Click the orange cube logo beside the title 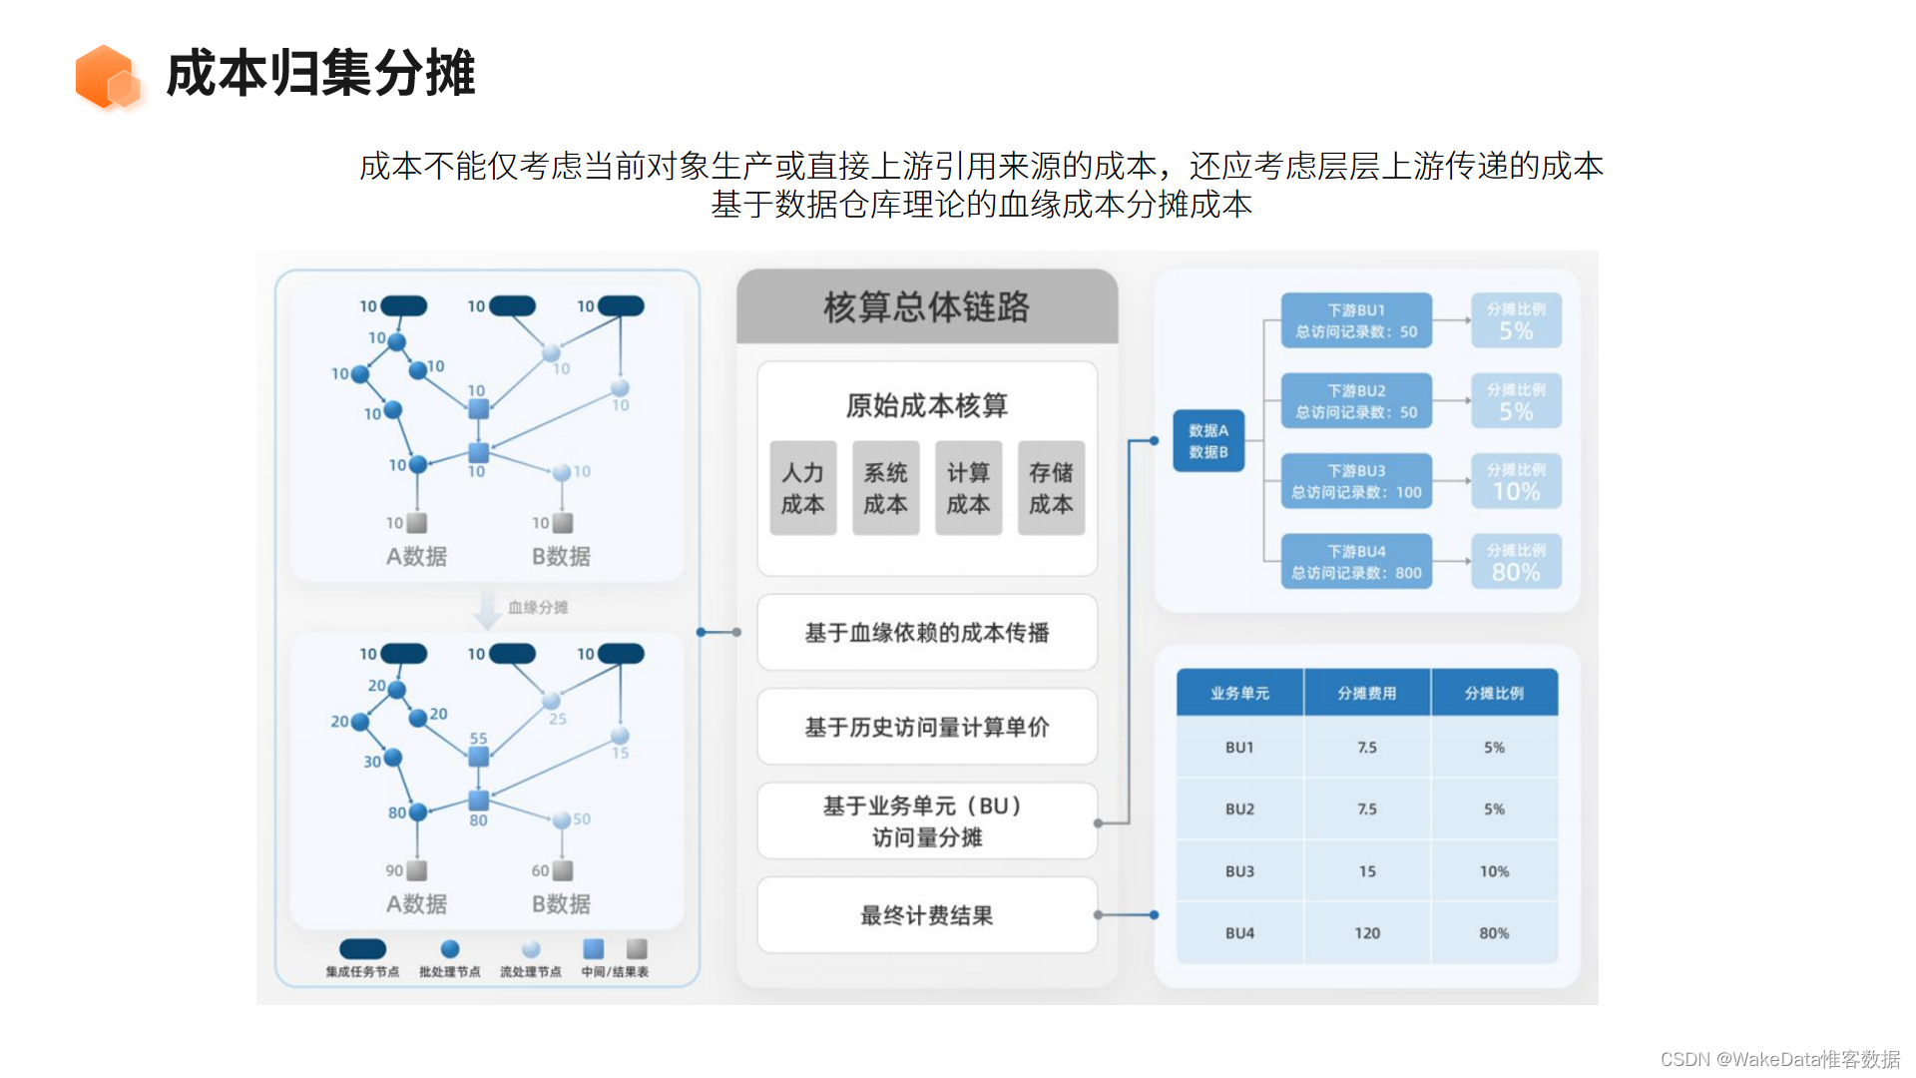click(x=107, y=76)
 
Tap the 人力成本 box click(x=802, y=488)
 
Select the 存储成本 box click(x=1051, y=488)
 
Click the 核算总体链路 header click(x=926, y=307)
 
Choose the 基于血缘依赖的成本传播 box click(x=926, y=633)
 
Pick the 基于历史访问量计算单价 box click(x=926, y=727)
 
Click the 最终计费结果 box click(x=926, y=915)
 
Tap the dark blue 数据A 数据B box click(x=1207, y=441)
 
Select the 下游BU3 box click(x=1356, y=481)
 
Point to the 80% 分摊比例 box click(x=1516, y=562)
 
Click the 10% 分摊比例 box click(x=1516, y=481)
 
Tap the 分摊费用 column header click(x=1367, y=693)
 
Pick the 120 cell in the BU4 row click(x=1367, y=933)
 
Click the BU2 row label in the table click(x=1239, y=809)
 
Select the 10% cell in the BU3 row click(x=1494, y=871)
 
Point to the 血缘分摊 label click(x=538, y=607)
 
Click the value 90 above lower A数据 click(x=395, y=870)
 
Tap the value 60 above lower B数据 click(x=540, y=870)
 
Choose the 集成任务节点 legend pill click(x=362, y=949)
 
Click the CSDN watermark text click(x=1779, y=1059)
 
